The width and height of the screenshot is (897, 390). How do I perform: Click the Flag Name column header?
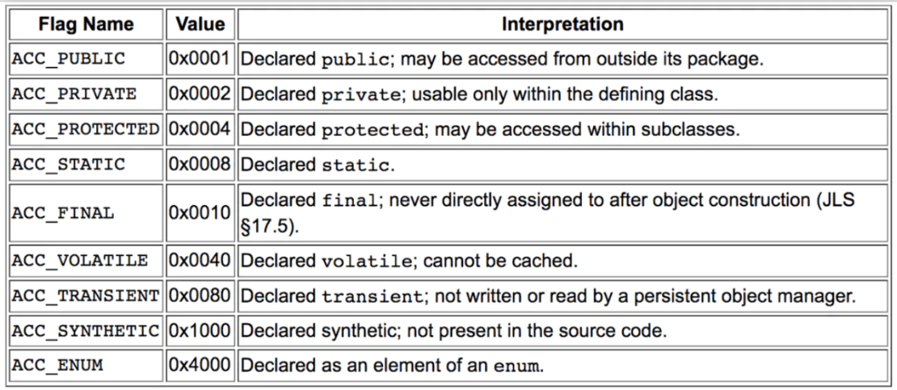(86, 24)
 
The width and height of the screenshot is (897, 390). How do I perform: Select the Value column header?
(200, 24)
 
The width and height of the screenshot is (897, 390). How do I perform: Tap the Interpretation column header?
(562, 24)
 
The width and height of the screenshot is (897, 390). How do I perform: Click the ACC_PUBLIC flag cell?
(69, 59)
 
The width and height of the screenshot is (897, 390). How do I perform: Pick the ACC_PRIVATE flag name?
(74, 94)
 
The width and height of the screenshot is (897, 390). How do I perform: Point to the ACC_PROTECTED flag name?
(86, 130)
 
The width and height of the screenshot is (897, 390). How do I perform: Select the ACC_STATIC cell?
(69, 165)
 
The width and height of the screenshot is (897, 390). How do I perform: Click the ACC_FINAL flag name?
(63, 213)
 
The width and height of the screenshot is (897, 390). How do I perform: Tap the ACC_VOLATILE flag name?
(80, 261)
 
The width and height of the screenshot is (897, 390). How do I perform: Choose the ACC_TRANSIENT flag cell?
(86, 296)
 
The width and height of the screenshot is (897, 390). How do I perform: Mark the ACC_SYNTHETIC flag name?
(86, 331)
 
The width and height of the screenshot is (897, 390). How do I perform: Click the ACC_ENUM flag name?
(57, 366)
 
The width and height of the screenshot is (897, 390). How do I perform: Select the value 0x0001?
(200, 59)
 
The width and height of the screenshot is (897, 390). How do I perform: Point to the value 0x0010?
(200, 213)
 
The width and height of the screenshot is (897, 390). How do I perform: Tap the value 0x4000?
(200, 366)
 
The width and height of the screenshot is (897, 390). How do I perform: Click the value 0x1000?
(200, 331)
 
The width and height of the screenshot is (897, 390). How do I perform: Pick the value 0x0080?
(200, 296)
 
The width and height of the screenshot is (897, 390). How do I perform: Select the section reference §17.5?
(270, 226)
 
